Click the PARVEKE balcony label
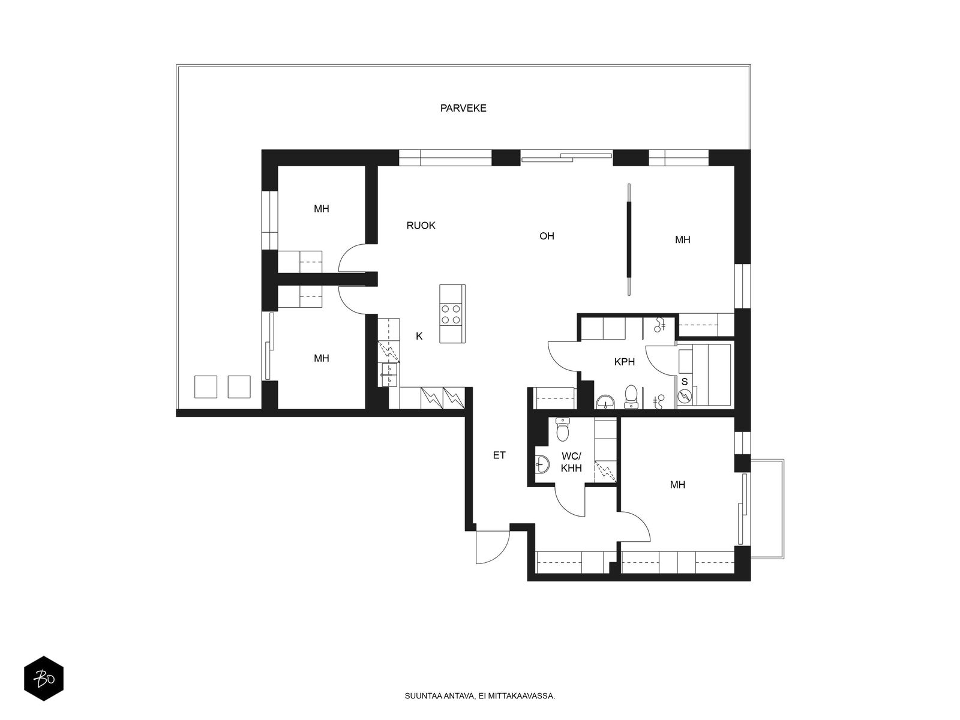[463, 108]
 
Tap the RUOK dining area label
[421, 226]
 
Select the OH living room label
[547, 236]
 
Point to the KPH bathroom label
[624, 362]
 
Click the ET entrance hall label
[499, 455]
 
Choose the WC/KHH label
[571, 462]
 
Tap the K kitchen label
[419, 336]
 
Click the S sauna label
[685, 382]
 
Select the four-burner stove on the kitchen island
[451, 314]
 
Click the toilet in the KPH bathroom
[631, 396]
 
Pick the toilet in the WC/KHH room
[562, 430]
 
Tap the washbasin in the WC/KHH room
[542, 464]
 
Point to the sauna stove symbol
[684, 397]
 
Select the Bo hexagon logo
[44, 679]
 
